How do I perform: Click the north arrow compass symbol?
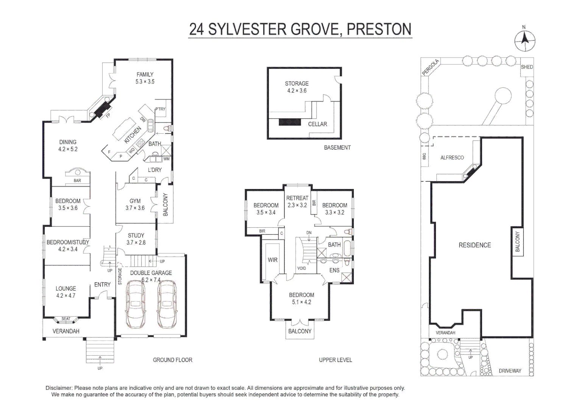(525, 41)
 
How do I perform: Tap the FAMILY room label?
(145, 75)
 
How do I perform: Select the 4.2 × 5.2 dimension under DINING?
(68, 149)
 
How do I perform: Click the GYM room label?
(135, 201)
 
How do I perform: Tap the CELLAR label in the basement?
(317, 124)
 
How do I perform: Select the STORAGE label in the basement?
(297, 83)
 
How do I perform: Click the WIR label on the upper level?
(273, 260)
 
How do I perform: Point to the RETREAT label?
(297, 198)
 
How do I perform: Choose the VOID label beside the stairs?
(301, 268)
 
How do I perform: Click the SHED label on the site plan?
(527, 67)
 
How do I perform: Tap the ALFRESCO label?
(452, 158)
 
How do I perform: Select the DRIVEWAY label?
(510, 371)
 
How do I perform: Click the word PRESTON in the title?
(379, 29)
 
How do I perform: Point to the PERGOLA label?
(430, 68)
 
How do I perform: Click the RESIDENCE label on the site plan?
(475, 245)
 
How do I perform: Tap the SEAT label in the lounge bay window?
(66, 318)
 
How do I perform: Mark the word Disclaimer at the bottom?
(59, 388)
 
